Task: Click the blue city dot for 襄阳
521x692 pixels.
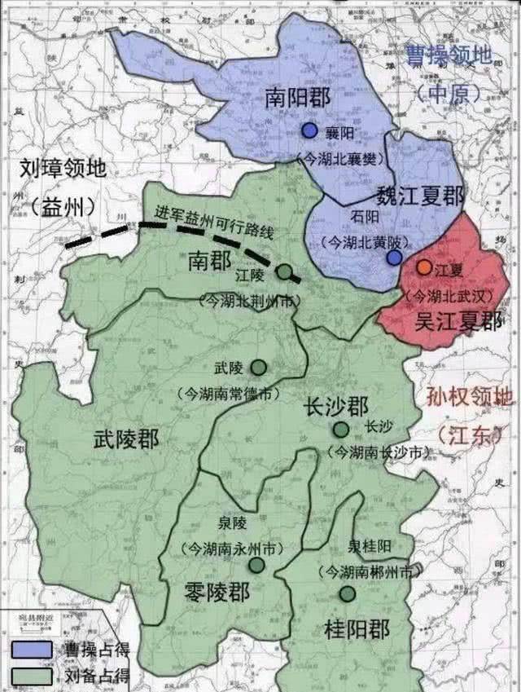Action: coord(309,130)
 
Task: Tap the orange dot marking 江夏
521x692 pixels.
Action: coord(424,267)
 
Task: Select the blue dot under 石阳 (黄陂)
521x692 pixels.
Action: coord(394,258)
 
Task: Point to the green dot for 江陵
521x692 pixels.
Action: coord(284,271)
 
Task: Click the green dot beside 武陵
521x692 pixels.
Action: coord(258,368)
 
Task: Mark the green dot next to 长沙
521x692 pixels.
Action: coord(340,430)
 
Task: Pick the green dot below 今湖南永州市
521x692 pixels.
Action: coord(256,565)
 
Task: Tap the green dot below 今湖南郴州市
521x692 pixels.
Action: coord(348,593)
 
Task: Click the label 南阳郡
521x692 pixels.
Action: coord(298,99)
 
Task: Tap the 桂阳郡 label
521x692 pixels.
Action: coord(357,629)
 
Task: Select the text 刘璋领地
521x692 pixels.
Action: coord(64,170)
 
